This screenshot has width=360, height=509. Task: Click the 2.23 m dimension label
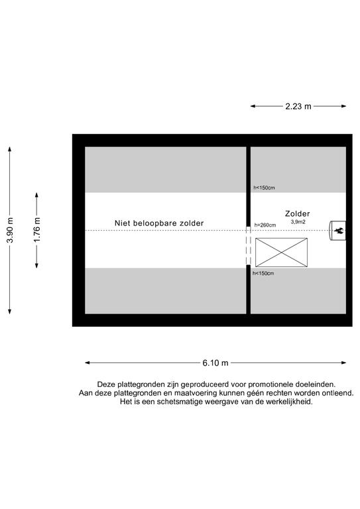[298, 106]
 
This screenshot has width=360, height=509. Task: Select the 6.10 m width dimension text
[215, 363]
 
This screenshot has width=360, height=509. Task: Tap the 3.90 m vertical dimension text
[10, 230]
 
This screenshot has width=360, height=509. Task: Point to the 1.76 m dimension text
[36, 230]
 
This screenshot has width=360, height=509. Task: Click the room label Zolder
[298, 213]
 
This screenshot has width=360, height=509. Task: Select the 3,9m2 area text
[298, 222]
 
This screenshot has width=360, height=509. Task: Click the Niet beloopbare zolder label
[159, 223]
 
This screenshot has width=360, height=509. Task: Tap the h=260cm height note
[265, 225]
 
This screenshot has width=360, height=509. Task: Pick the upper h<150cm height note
[264, 188]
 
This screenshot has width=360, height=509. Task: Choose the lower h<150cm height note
[263, 273]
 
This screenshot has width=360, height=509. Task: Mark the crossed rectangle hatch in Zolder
[281, 253]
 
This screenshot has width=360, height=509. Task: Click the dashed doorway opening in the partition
[249, 246]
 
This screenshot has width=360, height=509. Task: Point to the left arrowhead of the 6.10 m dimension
[88, 363]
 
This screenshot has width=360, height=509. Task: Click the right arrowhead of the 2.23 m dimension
[344, 106]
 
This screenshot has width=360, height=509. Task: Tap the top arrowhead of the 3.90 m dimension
[10, 149]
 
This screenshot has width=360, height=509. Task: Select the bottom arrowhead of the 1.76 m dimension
[36, 266]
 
